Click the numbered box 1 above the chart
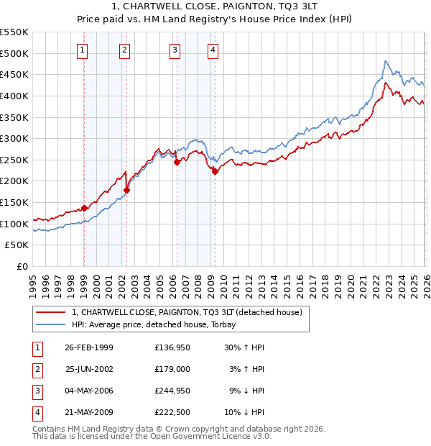coord(83,50)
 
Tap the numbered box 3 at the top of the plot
coord(175,50)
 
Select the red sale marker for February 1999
coord(84,208)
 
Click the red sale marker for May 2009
coord(214,171)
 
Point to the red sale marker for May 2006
coord(176,162)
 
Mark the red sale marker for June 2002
coord(126,190)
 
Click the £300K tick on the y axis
coord(14,138)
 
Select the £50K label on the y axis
coord(17,245)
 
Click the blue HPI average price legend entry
coord(158,324)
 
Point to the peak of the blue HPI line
coord(386,61)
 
